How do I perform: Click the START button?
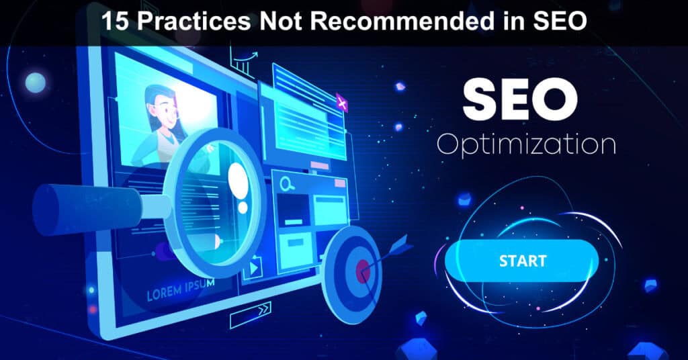coord(521,261)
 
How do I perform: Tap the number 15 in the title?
coord(115,21)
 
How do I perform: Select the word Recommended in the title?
coord(394,21)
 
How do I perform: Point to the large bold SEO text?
coord(520,99)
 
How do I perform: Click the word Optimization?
coord(526,144)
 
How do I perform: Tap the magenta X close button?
coord(342,103)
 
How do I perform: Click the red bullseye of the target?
coord(363,271)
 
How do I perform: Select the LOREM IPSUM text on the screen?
coord(180,289)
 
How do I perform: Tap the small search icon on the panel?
coord(288,184)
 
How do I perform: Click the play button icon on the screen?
coord(253,267)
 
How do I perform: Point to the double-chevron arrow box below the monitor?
coord(251,314)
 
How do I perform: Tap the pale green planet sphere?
coord(36,83)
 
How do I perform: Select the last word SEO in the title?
coord(560,21)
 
